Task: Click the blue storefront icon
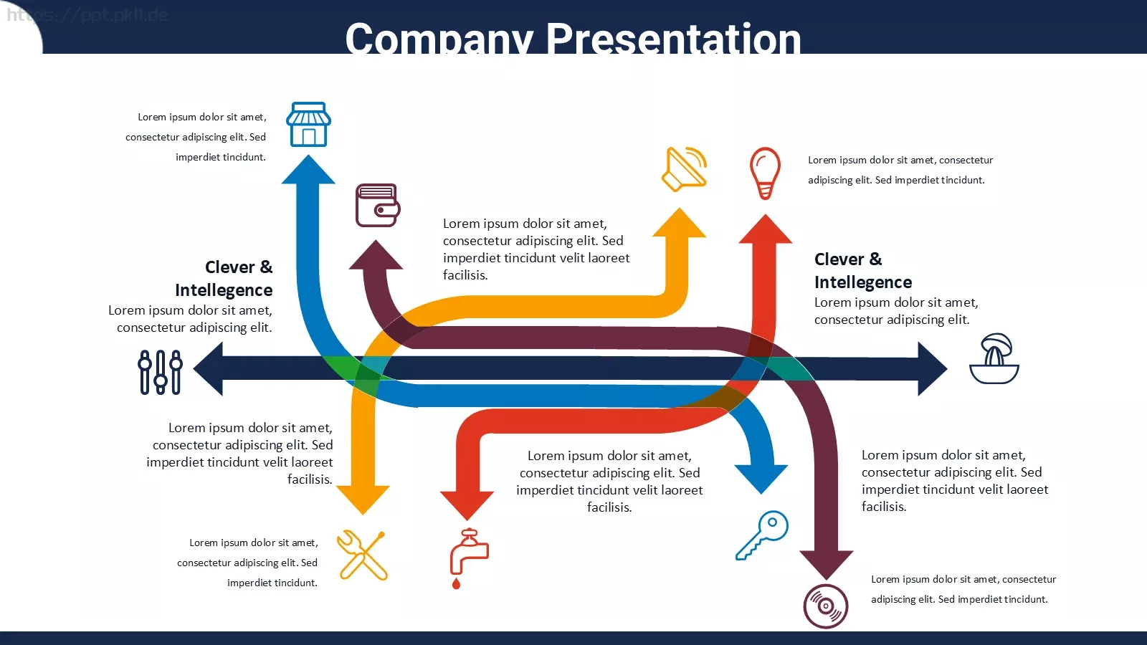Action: point(308,125)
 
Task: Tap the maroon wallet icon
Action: point(378,205)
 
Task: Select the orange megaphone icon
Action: point(685,169)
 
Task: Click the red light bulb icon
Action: point(765,173)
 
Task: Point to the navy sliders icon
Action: point(161,372)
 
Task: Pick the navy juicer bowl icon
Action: point(994,358)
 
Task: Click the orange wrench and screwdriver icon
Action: point(363,555)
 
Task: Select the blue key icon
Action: point(762,535)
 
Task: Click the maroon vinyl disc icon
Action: point(825,606)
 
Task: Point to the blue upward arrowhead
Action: point(308,169)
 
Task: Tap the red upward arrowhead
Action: point(766,229)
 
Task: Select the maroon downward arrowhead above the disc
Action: point(827,565)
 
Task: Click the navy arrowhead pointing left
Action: point(209,368)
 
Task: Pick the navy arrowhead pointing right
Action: point(933,368)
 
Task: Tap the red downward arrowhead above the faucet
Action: point(467,506)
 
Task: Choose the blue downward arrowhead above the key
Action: point(761,479)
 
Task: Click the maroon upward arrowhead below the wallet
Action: point(376,254)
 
